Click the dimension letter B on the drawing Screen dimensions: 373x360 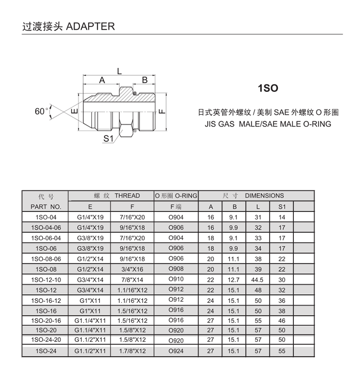point(145,80)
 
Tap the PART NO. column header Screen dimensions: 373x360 point(45,207)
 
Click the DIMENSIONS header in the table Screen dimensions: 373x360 point(264,196)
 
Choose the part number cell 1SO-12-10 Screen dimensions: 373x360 point(46,280)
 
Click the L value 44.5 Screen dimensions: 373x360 point(258,280)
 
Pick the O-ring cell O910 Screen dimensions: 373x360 point(176,279)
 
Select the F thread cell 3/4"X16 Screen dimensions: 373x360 point(132,269)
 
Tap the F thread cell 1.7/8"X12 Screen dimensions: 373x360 point(132,351)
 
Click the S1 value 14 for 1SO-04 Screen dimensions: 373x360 point(282,218)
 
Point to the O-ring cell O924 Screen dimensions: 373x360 point(176,351)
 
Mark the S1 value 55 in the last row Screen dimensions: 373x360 point(282,351)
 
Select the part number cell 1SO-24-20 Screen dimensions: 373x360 point(46,340)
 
